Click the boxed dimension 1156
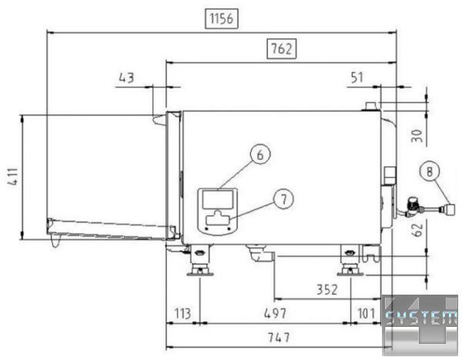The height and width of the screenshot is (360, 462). [x=222, y=18]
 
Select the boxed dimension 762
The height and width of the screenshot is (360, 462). [x=281, y=49]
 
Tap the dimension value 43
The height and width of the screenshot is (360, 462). [x=126, y=78]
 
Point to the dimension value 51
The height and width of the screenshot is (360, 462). [x=357, y=78]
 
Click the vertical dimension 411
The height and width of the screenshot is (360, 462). [x=13, y=177]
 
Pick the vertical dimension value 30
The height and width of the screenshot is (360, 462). [x=417, y=135]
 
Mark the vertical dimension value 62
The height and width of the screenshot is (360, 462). [x=417, y=230]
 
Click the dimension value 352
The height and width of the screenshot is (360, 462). [x=326, y=290]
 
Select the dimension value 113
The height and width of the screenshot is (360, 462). [x=182, y=314]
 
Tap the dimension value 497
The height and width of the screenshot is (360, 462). [x=275, y=314]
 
